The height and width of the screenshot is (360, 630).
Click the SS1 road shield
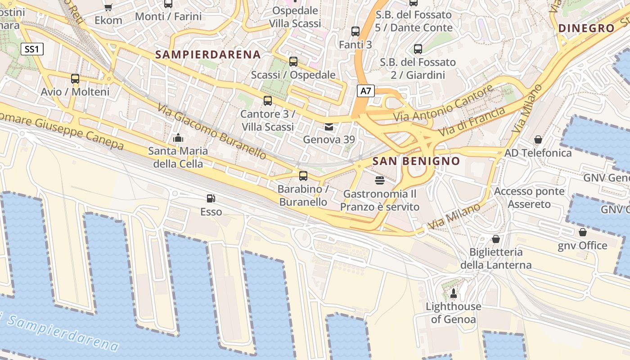click(x=32, y=49)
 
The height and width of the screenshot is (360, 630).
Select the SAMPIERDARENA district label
click(x=208, y=55)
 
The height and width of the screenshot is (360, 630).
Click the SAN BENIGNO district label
click(x=416, y=161)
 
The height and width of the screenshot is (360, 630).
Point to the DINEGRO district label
click(x=586, y=28)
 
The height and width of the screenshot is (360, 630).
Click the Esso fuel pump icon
click(x=210, y=198)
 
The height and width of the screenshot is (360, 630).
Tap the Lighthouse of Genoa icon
click(x=453, y=294)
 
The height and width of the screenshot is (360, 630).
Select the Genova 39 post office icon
click(x=329, y=127)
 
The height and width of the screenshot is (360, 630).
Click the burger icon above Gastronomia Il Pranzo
click(x=380, y=181)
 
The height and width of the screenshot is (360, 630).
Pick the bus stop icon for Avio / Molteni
click(x=75, y=79)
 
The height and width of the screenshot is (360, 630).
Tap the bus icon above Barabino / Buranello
click(x=303, y=175)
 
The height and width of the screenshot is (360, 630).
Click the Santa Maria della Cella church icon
click(x=178, y=138)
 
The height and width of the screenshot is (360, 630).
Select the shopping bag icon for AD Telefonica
click(x=538, y=139)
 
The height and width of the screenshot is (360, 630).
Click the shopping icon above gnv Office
click(x=583, y=232)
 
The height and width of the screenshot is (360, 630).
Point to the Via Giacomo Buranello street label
click(x=212, y=131)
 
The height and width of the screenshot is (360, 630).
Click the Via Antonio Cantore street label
click(x=443, y=103)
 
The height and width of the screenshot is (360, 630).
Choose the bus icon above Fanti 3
click(x=355, y=31)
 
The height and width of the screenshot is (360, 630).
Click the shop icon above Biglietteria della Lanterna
click(x=496, y=238)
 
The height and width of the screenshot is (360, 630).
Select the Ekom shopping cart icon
click(x=108, y=7)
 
